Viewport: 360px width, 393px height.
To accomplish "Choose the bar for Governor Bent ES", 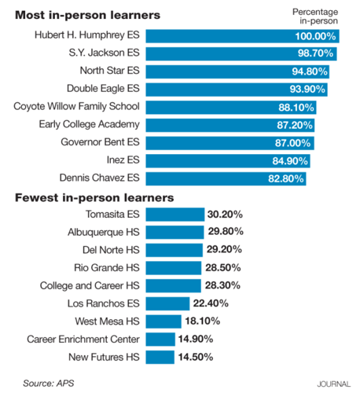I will [229, 142].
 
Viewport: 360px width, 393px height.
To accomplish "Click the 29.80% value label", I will [224, 232].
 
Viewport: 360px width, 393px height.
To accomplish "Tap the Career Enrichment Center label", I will [83, 338].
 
